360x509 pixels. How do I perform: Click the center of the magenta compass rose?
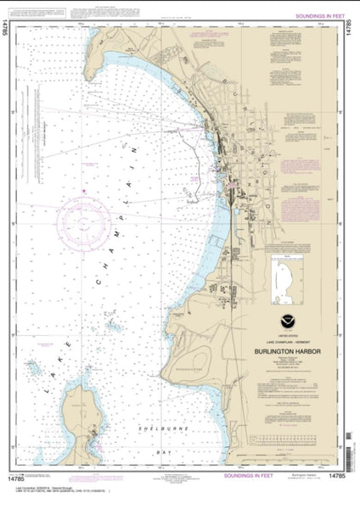(x=85, y=222)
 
